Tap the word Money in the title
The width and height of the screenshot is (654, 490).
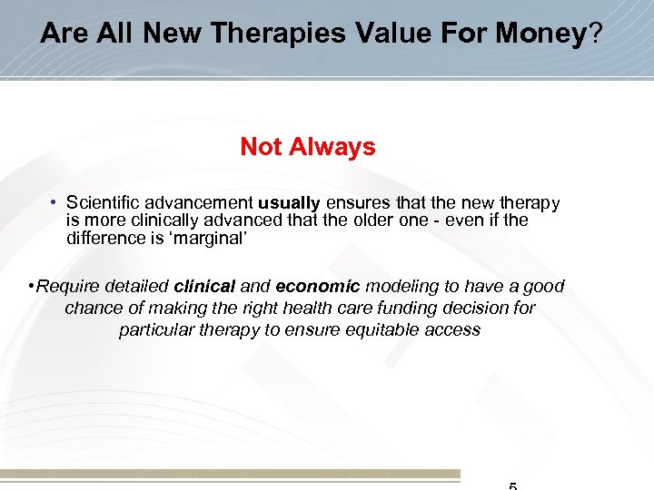click(x=540, y=34)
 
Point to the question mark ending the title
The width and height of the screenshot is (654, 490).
click(x=596, y=34)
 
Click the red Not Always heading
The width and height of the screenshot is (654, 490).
click(x=308, y=147)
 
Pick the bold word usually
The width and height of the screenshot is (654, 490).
click(x=290, y=203)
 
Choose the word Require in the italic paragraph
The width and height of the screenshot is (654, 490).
click(x=69, y=287)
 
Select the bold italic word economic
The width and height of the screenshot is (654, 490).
click(x=318, y=287)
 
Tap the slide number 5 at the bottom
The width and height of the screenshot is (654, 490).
click(x=513, y=485)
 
